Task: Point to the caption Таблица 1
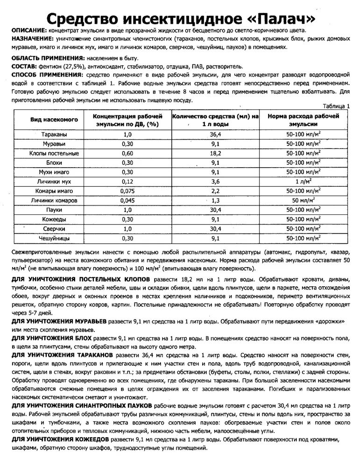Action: point(336,106)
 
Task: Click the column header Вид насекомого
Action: point(54,120)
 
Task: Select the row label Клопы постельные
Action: point(54,153)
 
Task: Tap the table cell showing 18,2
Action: point(215,153)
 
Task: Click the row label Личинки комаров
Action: point(54,200)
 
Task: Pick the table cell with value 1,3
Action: point(215,200)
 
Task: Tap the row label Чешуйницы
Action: point(54,238)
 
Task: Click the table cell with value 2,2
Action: point(215,191)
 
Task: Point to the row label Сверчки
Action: point(54,229)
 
